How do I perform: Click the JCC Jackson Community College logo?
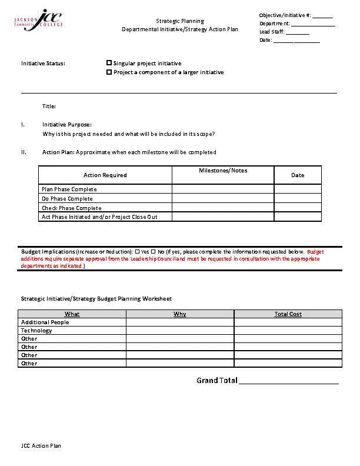pos(38,20)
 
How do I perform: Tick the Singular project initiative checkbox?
pos(109,63)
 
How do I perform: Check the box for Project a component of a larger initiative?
pos(109,72)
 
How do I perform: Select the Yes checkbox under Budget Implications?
pos(137,251)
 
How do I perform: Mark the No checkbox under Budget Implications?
pos(154,251)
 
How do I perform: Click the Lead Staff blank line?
pos(298,32)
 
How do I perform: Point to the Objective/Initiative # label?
pos(285,15)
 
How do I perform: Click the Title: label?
pos(49,106)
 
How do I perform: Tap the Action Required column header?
pos(105,175)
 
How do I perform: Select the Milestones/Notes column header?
pos(223,171)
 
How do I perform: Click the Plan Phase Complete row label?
pos(69,189)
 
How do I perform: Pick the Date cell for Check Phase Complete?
pos(298,208)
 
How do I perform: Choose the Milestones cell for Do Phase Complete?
pos(223,199)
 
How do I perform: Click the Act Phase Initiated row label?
pos(99,217)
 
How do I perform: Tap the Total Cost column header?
pos(288,314)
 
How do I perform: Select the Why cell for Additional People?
pos(180,322)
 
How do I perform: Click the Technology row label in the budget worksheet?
pos(36,331)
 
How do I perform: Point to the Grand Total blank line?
pos(289,381)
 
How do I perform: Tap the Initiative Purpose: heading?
pos(67,125)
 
